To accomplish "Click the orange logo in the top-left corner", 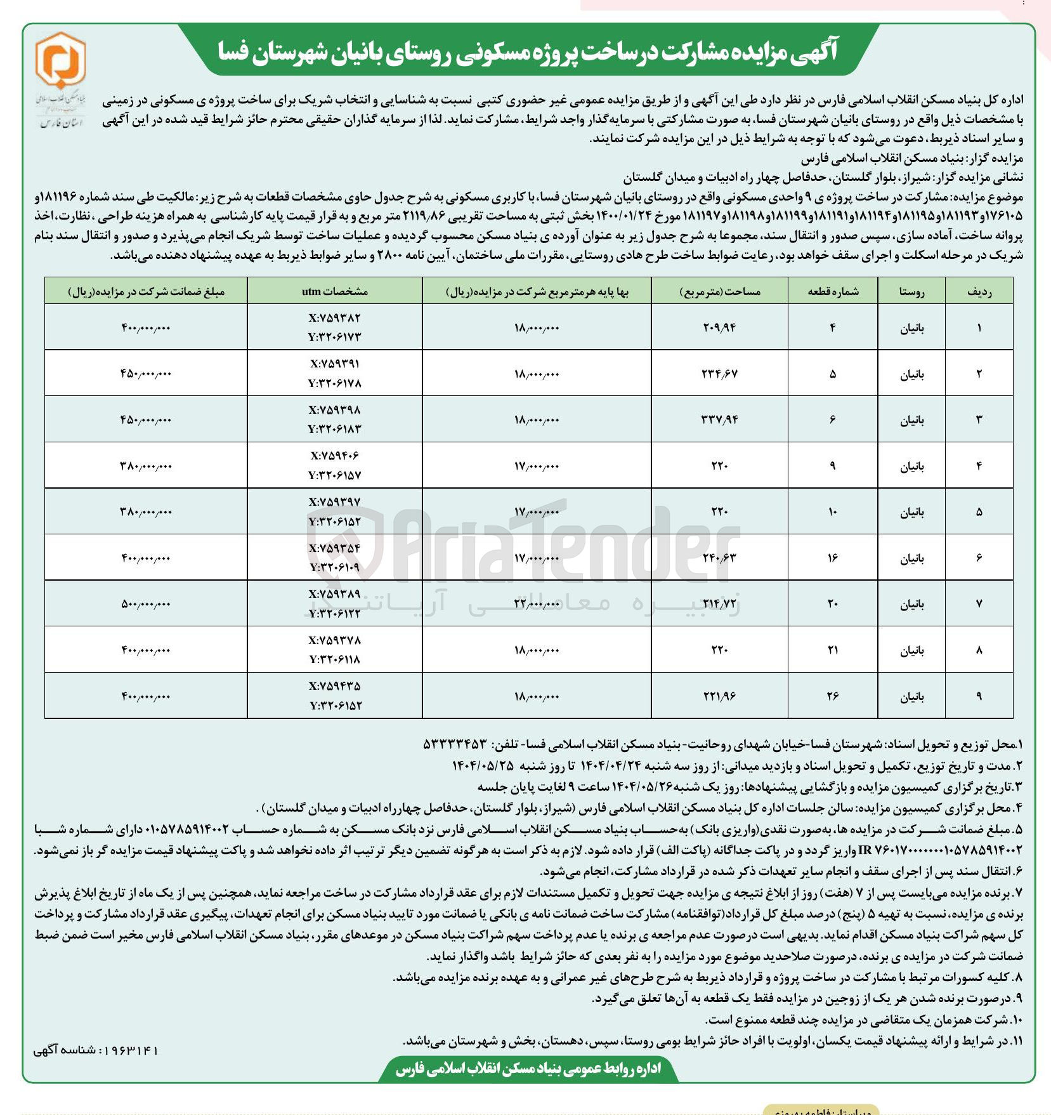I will coord(60,61).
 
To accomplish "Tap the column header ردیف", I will coord(979,291).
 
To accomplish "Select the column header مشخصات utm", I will coord(335,291).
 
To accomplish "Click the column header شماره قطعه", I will coord(833,291).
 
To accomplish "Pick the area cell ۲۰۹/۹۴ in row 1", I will coord(719,327).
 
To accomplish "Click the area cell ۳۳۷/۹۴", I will coord(719,419).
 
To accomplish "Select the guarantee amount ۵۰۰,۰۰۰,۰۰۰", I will coord(145,604).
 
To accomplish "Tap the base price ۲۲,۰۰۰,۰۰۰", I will coord(537,604).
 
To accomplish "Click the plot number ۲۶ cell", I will coord(833,696).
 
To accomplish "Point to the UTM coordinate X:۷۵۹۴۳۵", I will coord(335,687).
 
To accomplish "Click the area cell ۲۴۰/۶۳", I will coord(719,558).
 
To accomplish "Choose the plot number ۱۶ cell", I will coord(833,558).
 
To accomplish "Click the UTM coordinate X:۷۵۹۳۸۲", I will coord(335,318).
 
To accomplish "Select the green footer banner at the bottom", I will coord(528,1069).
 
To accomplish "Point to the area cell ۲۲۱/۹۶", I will coord(719,696).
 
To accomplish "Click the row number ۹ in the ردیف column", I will coord(979,696).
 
